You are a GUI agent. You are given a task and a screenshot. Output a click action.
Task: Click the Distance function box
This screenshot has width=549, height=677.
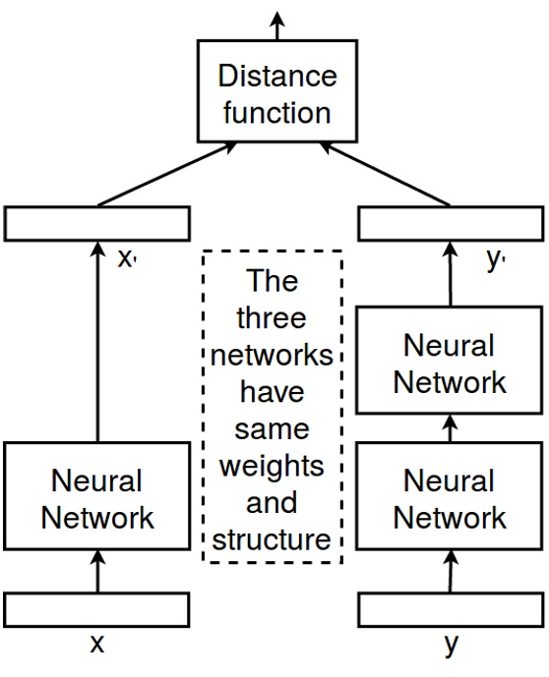(x=275, y=93)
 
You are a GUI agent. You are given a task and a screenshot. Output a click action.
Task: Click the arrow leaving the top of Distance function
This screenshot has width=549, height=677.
(x=275, y=24)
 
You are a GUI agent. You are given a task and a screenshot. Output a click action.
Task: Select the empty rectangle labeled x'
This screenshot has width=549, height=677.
(x=96, y=224)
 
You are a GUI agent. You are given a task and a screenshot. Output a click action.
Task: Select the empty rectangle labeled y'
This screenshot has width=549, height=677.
(x=450, y=224)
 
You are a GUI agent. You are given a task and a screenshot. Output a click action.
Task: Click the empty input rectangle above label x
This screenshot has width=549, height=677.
(x=96, y=609)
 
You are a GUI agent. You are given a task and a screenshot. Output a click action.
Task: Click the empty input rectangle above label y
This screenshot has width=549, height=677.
(x=450, y=609)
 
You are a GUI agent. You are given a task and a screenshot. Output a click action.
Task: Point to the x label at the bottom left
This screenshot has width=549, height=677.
(x=96, y=645)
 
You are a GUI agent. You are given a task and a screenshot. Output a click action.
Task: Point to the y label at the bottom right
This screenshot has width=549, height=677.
(x=450, y=647)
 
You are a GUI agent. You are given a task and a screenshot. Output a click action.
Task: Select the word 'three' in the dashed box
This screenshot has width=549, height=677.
(x=273, y=318)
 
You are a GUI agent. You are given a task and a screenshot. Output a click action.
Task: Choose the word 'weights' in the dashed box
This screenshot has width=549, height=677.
(x=273, y=467)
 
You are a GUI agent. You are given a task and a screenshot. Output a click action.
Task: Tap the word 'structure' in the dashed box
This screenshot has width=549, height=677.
(x=273, y=539)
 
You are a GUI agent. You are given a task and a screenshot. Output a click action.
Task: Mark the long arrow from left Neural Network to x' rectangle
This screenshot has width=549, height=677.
(x=96, y=344)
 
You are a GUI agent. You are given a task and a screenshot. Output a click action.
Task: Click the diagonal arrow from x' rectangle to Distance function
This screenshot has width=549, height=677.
(x=167, y=175)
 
